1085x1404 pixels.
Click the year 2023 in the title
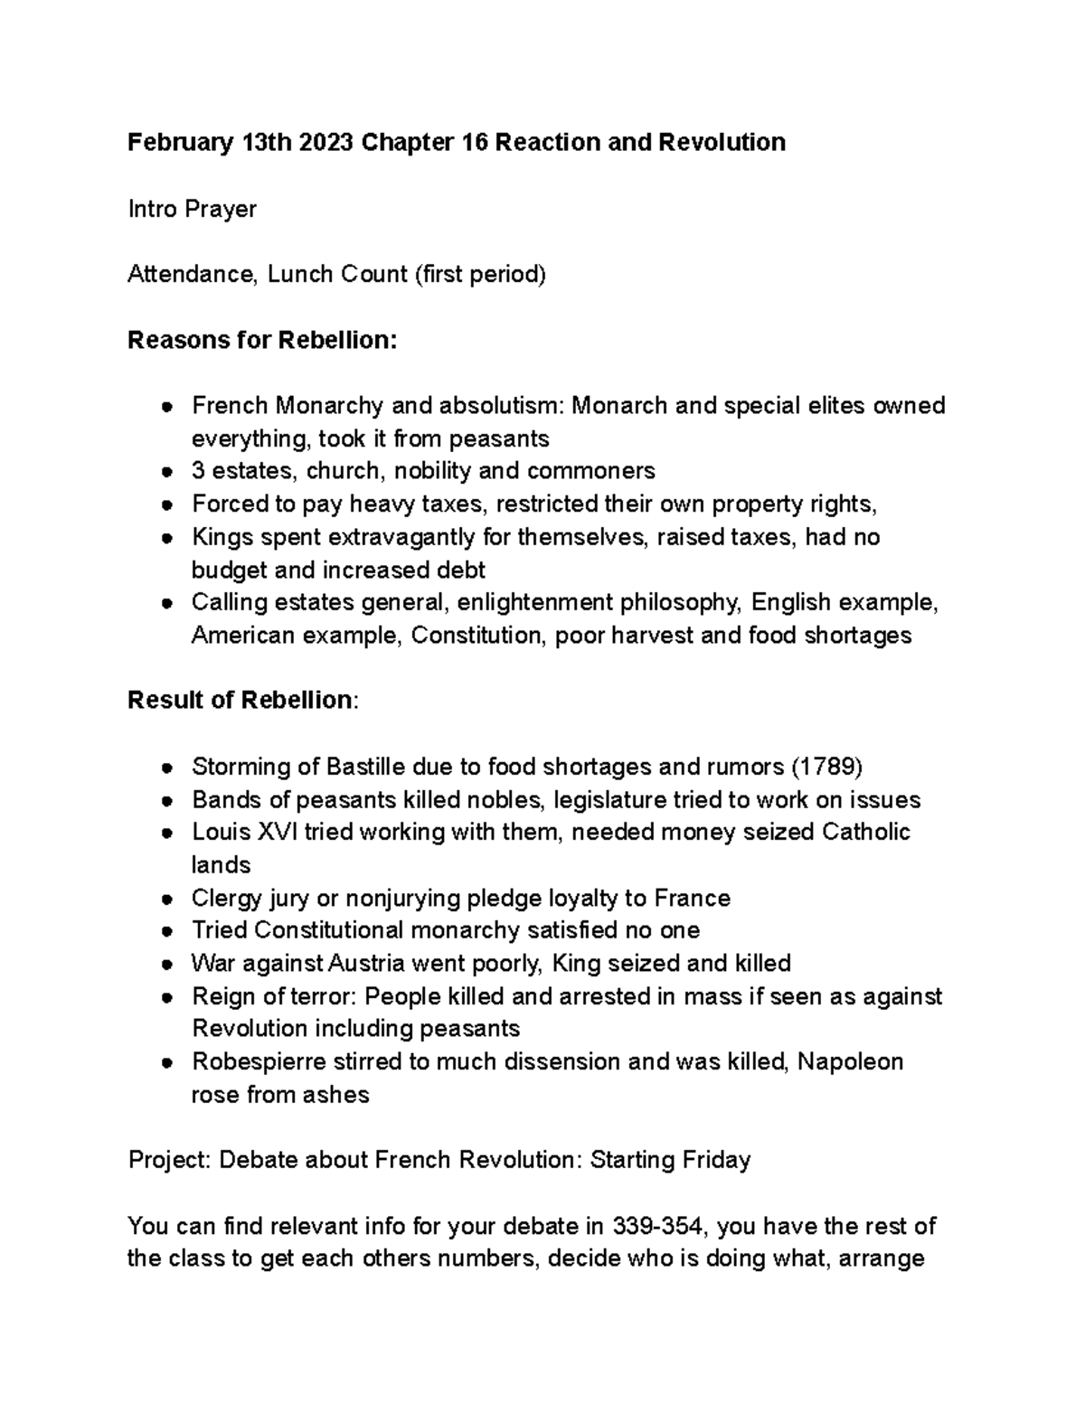(325, 143)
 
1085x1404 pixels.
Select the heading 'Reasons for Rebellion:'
(262, 340)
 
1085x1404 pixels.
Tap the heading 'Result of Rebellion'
(240, 700)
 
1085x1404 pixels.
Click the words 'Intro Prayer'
(192, 209)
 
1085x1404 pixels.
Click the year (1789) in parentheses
(826, 767)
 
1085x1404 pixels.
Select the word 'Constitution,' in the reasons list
(478, 636)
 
